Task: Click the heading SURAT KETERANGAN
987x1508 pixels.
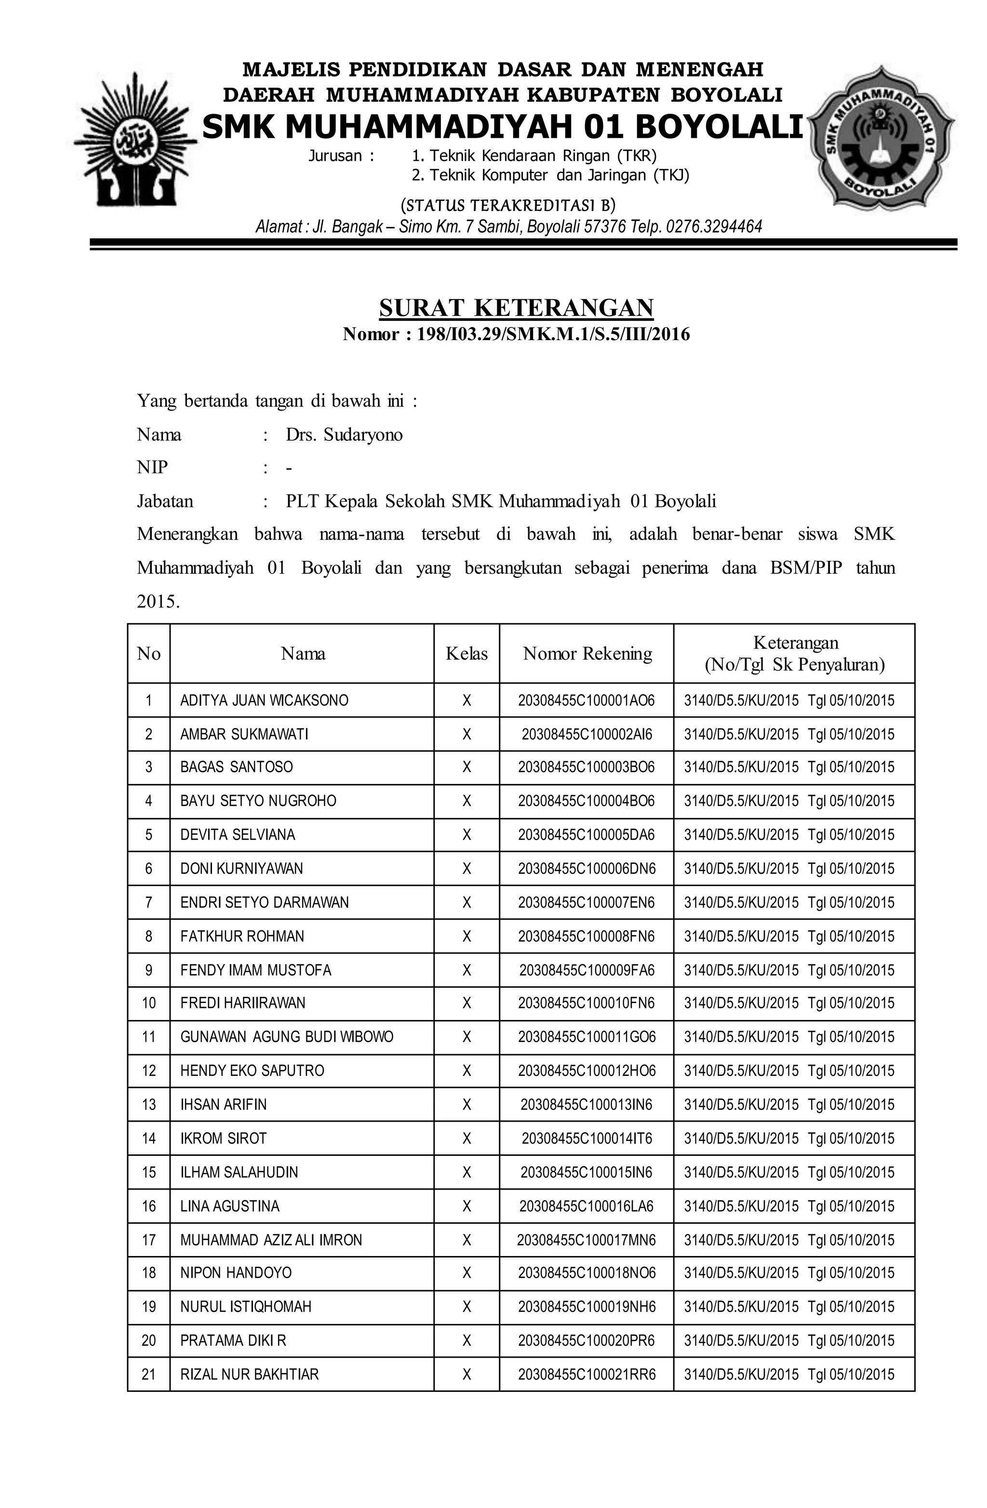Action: point(516,308)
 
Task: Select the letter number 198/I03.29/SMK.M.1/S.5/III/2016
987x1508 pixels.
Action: point(553,334)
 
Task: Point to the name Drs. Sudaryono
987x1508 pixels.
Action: point(344,435)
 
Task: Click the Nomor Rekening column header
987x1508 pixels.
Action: point(587,654)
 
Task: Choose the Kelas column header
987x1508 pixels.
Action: point(467,654)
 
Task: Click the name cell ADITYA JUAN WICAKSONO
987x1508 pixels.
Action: point(265,701)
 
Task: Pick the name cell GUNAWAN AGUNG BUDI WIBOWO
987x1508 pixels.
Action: point(287,1037)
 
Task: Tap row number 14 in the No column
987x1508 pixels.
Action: point(148,1138)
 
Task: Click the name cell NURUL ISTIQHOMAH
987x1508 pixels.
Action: point(246,1307)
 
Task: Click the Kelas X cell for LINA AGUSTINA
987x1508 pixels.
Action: point(467,1206)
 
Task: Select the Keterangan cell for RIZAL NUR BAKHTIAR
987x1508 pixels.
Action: point(788,1375)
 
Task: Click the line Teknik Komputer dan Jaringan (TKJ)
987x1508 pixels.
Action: point(549,175)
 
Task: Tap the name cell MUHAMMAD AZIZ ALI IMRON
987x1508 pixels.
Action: point(271,1240)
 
